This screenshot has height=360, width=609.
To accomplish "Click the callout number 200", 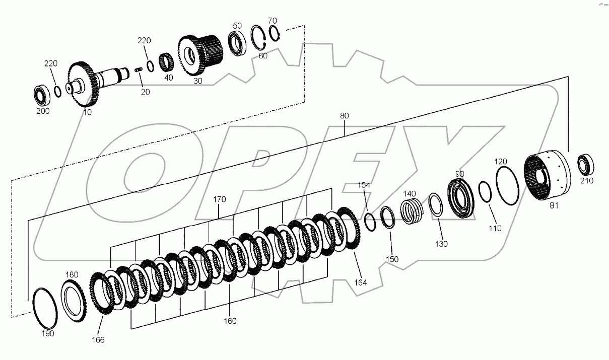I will pos(43,111).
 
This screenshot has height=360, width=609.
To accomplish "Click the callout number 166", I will pos(98,340).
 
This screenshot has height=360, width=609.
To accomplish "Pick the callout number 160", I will pos(230,321).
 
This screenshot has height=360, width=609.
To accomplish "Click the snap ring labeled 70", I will pos(274,34).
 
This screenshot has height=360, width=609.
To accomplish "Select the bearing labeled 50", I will pos(236,43).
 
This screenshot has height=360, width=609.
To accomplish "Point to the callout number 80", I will pos(344,116).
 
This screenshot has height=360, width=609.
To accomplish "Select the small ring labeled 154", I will pos(370,222).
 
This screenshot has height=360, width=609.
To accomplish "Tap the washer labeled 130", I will pos(436,205).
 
